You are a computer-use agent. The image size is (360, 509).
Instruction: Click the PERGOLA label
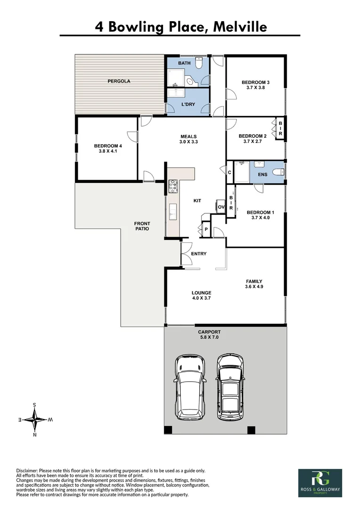(x=119, y=81)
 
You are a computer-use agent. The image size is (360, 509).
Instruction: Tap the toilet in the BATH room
(x=199, y=63)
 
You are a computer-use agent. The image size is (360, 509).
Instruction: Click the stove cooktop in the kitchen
(x=172, y=186)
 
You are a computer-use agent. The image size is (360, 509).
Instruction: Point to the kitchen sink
(x=172, y=211)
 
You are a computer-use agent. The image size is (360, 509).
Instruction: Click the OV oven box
(x=221, y=207)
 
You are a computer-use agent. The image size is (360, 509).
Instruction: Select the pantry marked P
(x=206, y=230)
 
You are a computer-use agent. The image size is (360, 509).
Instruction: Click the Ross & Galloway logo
(x=320, y=483)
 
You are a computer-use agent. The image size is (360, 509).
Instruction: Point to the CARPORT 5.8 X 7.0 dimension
(x=209, y=337)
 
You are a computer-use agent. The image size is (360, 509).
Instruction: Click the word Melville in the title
(x=240, y=27)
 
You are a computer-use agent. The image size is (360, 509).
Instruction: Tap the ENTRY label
(x=198, y=254)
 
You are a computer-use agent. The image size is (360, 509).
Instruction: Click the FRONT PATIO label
(x=142, y=226)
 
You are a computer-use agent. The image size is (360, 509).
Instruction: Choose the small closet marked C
(x=229, y=172)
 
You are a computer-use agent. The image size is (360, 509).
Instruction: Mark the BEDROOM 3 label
(x=255, y=82)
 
